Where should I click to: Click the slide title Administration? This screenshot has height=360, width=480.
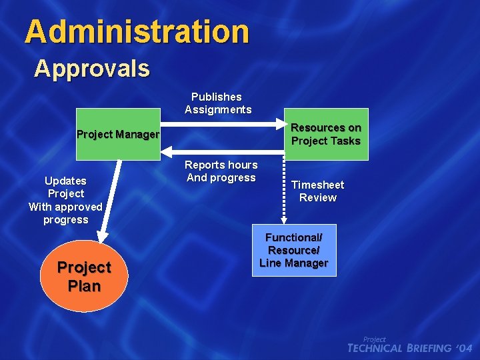tap(137, 31)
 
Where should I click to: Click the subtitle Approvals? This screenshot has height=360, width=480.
tap(92, 68)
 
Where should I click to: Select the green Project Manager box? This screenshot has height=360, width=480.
tap(118, 134)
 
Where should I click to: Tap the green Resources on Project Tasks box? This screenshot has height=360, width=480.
tap(326, 134)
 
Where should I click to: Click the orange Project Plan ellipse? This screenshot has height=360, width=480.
tap(83, 277)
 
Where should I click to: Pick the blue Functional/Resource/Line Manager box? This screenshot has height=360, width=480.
tap(293, 250)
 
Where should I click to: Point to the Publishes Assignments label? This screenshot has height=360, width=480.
tap(218, 103)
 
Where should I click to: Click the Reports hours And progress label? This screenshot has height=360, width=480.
tap(221, 171)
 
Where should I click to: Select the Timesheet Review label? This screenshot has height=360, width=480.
tap(317, 191)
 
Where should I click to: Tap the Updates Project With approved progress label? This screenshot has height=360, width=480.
tap(65, 200)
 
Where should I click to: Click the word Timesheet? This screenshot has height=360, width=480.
tap(317, 185)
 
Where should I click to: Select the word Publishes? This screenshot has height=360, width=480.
tap(217, 97)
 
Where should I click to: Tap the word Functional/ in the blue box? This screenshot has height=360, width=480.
tap(293, 237)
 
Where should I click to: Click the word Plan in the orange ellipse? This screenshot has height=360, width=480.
tap(84, 286)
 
